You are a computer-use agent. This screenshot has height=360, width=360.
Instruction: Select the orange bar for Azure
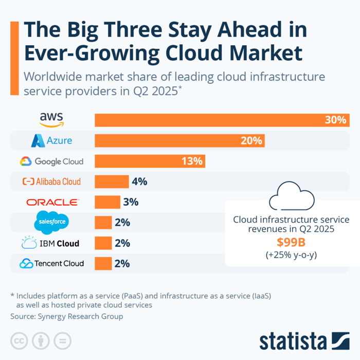[x=179, y=140]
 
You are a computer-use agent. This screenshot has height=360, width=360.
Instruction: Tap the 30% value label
[x=335, y=120]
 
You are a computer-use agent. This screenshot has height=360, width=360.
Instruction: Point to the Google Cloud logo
[x=51, y=161]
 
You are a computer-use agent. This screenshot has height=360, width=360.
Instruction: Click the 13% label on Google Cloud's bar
[x=191, y=161]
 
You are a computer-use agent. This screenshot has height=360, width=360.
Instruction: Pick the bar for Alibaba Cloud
[x=112, y=182]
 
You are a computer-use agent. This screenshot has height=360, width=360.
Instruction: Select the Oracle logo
[x=52, y=202]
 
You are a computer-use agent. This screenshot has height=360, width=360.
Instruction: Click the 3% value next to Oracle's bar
[x=131, y=202]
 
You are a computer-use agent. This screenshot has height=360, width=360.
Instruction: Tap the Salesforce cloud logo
[x=51, y=222]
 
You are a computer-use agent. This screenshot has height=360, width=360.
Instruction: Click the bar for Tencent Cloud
[x=103, y=263]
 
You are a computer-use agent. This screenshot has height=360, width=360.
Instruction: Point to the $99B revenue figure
[x=291, y=242]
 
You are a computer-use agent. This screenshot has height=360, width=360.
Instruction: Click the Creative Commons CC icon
[x=20, y=340]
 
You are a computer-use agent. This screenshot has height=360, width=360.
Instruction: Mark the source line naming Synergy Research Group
[x=67, y=316]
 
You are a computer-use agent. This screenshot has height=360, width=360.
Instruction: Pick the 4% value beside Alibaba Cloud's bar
[x=139, y=182]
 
